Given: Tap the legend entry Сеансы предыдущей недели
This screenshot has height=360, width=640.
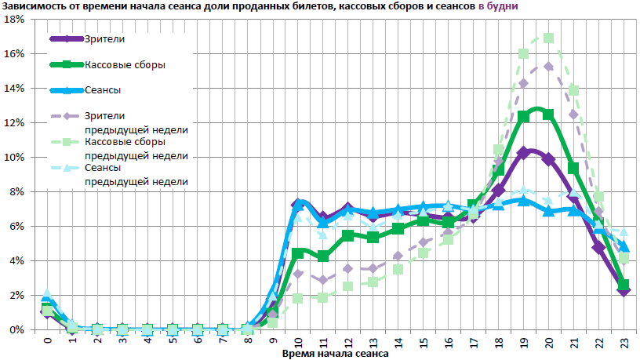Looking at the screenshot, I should click(136, 173).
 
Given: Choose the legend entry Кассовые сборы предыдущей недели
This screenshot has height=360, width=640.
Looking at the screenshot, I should click(136, 148).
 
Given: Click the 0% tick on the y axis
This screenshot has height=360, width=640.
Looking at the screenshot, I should click(18, 329).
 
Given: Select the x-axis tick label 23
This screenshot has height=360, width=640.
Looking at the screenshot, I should click(624, 342).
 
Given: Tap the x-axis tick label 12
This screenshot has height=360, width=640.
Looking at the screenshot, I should click(348, 342).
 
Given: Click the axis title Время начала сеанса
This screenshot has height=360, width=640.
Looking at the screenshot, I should click(335, 354).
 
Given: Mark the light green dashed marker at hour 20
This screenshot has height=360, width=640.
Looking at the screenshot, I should click(548, 38).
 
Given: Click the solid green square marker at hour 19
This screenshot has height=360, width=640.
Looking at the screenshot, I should click(523, 117).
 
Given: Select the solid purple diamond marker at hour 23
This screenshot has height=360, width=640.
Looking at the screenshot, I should click(624, 290).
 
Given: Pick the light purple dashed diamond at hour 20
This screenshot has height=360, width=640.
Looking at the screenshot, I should click(548, 67).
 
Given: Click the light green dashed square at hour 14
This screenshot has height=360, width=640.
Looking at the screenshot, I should click(398, 269).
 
